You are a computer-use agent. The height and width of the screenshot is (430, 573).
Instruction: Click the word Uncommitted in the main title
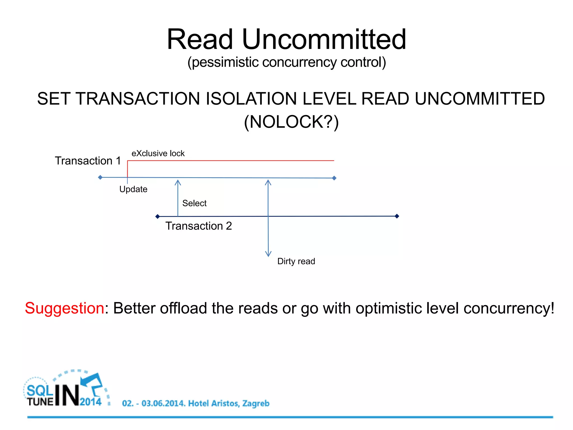pyautogui.click(x=324, y=40)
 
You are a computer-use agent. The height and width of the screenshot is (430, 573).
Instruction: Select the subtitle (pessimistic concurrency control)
pyautogui.click(x=286, y=62)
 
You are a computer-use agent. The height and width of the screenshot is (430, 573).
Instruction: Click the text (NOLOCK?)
pyautogui.click(x=291, y=122)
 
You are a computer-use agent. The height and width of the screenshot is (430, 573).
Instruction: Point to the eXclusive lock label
pyautogui.click(x=158, y=153)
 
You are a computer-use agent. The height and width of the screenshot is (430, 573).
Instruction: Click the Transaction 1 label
pyautogui.click(x=88, y=161)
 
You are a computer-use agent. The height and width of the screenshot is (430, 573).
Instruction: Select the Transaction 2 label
pyautogui.click(x=199, y=226)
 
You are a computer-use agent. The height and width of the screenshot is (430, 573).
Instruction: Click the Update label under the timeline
pyautogui.click(x=133, y=189)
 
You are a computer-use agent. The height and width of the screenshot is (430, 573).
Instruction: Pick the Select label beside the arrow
pyautogui.click(x=194, y=203)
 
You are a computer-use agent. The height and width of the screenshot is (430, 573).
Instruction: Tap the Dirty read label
pyautogui.click(x=296, y=261)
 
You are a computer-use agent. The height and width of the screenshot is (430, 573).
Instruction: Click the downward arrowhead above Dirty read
pyautogui.click(x=268, y=254)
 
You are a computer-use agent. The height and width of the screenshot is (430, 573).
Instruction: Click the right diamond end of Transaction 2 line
pyautogui.click(x=397, y=216)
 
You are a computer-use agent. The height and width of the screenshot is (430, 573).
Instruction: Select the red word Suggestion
pyautogui.click(x=65, y=308)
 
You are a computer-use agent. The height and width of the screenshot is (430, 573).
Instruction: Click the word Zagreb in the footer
pyautogui.click(x=256, y=403)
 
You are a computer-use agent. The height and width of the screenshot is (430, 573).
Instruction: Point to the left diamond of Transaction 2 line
pyautogui.click(x=158, y=216)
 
